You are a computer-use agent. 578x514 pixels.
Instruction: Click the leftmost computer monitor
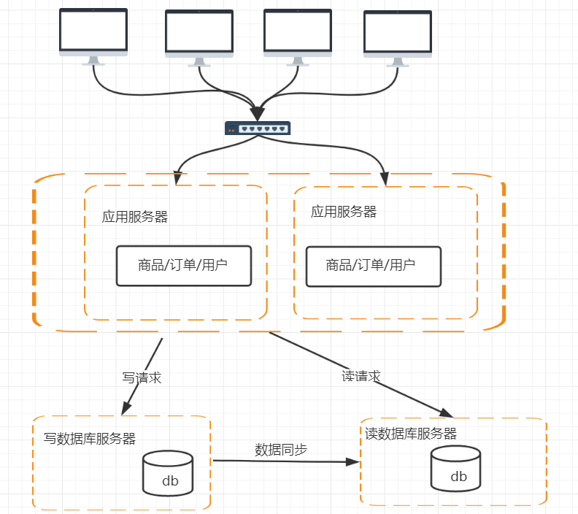tap(93, 33)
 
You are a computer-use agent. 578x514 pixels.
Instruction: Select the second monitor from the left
tap(199, 35)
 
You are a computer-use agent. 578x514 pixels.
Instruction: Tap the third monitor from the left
tap(297, 34)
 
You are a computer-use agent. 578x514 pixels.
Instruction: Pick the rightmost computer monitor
tap(398, 35)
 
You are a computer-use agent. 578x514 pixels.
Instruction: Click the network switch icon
tap(258, 128)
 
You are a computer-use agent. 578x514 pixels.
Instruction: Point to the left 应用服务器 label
tap(135, 217)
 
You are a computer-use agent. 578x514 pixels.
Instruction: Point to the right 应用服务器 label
tap(344, 212)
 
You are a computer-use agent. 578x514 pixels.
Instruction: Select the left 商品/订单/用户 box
tap(184, 265)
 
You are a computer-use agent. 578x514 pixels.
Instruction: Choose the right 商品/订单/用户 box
tap(373, 266)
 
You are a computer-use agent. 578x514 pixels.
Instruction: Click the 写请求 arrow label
tap(142, 378)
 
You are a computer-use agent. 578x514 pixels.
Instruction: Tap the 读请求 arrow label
tap(361, 376)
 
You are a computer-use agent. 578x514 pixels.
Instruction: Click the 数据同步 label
tap(281, 449)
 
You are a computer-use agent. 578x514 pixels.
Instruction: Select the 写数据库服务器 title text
tap(90, 439)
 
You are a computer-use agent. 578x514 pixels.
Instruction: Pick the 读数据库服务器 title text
tap(411, 434)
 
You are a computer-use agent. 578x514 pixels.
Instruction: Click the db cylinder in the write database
tap(168, 473)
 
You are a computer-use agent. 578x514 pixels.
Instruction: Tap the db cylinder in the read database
tap(456, 468)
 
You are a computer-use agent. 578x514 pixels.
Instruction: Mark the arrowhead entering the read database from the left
tap(354, 461)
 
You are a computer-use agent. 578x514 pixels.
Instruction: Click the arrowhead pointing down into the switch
tap(257, 114)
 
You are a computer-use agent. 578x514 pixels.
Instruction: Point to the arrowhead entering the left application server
tap(177, 177)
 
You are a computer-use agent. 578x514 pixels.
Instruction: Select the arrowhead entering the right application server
tap(385, 178)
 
